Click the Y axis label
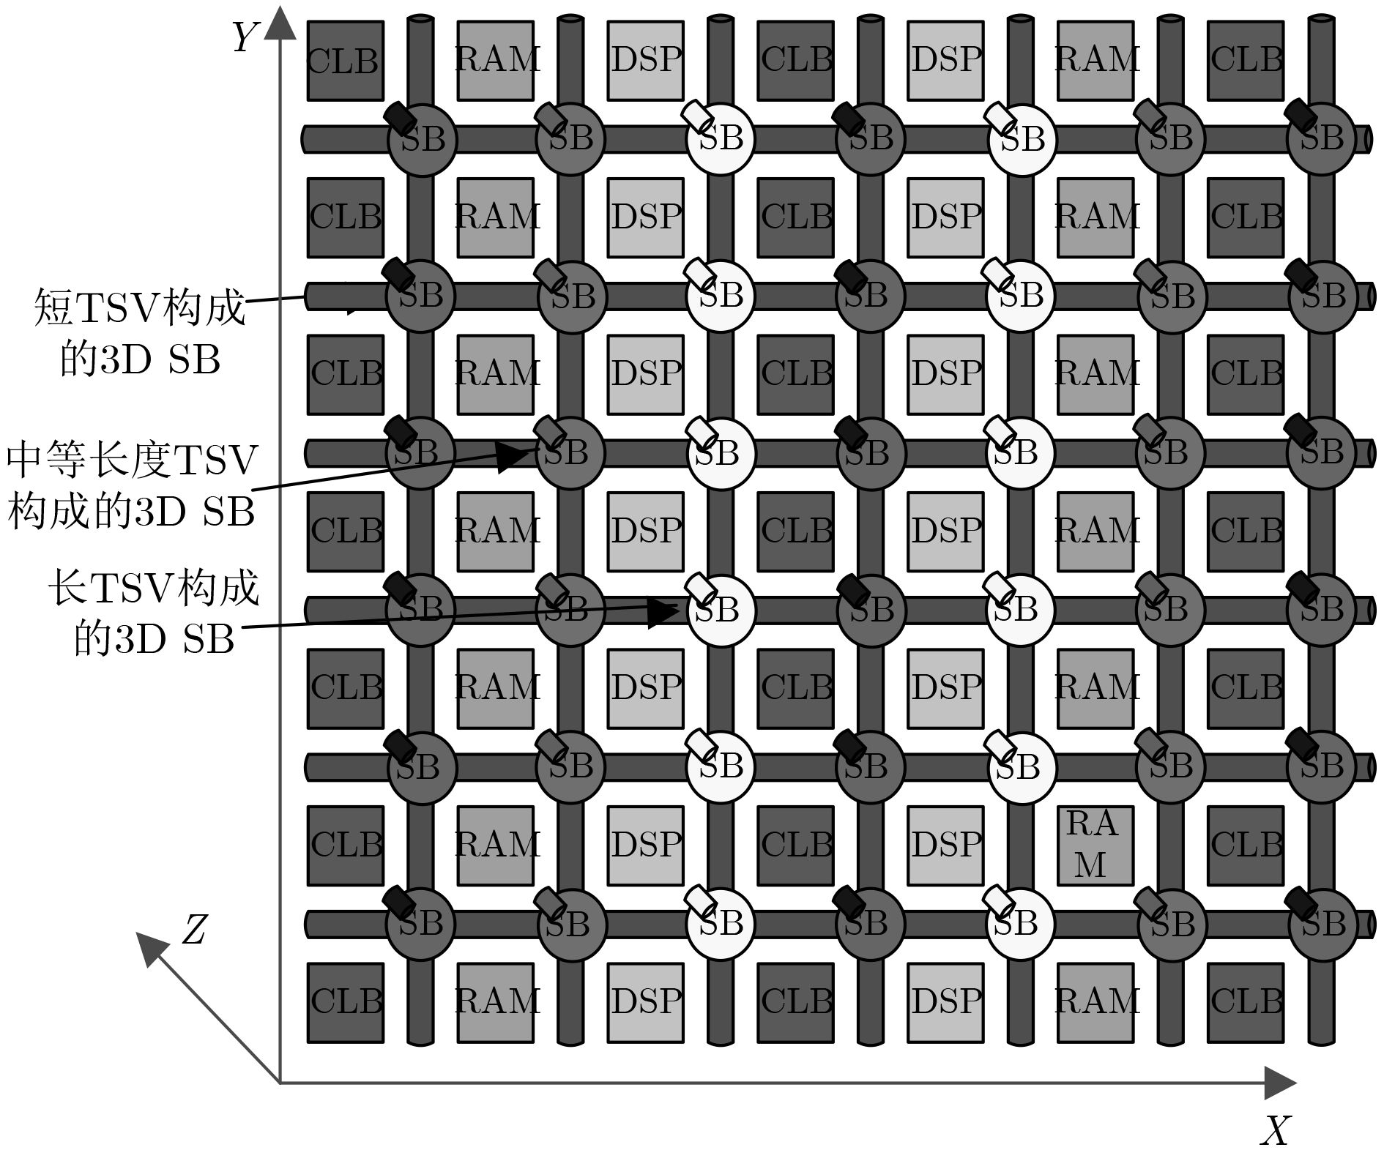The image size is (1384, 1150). [246, 37]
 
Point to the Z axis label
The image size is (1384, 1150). [193, 930]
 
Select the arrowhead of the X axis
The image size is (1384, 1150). [1281, 1083]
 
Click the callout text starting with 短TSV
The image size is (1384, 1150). [139, 333]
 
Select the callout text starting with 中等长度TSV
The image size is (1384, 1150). [132, 487]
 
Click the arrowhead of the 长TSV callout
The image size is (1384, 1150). [663, 612]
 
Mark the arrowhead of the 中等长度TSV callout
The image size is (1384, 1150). [513, 457]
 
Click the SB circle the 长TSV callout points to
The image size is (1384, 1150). [721, 611]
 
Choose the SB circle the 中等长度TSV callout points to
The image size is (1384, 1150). [570, 453]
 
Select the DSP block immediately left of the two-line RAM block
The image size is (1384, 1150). [945, 845]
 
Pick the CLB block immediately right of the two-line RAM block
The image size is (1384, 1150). [1246, 845]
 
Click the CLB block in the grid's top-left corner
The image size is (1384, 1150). [345, 61]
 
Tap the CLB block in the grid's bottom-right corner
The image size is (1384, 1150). [1246, 1002]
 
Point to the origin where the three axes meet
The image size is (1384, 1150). [280, 1083]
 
